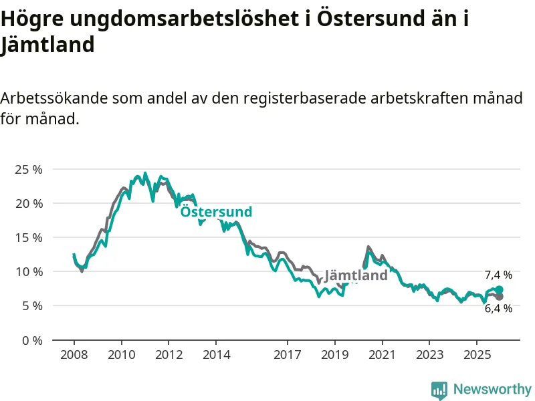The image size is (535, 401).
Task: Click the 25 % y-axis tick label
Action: tap(28, 169)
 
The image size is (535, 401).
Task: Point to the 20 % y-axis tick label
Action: tap(28, 203)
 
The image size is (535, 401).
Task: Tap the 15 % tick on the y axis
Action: tap(28, 237)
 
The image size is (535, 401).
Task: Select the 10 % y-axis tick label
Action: tap(28, 271)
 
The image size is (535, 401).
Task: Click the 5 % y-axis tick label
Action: tap(31, 305)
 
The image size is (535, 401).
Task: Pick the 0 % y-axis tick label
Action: tap(31, 340)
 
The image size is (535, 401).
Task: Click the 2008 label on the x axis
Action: tap(74, 354)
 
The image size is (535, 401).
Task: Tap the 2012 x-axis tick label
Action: tap(169, 354)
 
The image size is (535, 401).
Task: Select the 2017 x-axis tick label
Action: tap(288, 354)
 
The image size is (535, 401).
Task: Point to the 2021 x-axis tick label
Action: tap(382, 354)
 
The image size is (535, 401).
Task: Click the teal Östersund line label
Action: tap(216, 212)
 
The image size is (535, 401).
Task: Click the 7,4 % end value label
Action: tap(498, 275)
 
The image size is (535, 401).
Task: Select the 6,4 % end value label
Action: tap(498, 308)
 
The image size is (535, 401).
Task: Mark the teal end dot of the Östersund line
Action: tap(499, 289)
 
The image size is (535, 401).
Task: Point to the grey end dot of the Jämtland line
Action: tap(499, 296)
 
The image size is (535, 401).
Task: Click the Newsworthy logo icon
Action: tap(439, 390)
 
